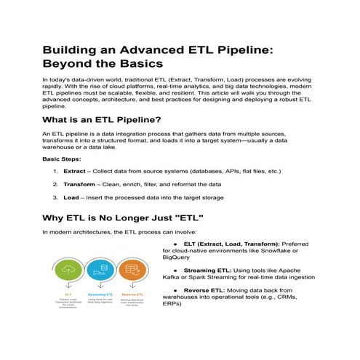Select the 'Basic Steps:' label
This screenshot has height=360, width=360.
[62, 158]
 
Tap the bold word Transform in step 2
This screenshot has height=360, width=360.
[79, 184]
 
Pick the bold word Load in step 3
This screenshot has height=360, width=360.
[71, 197]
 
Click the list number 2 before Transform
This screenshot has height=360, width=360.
[55, 184]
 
